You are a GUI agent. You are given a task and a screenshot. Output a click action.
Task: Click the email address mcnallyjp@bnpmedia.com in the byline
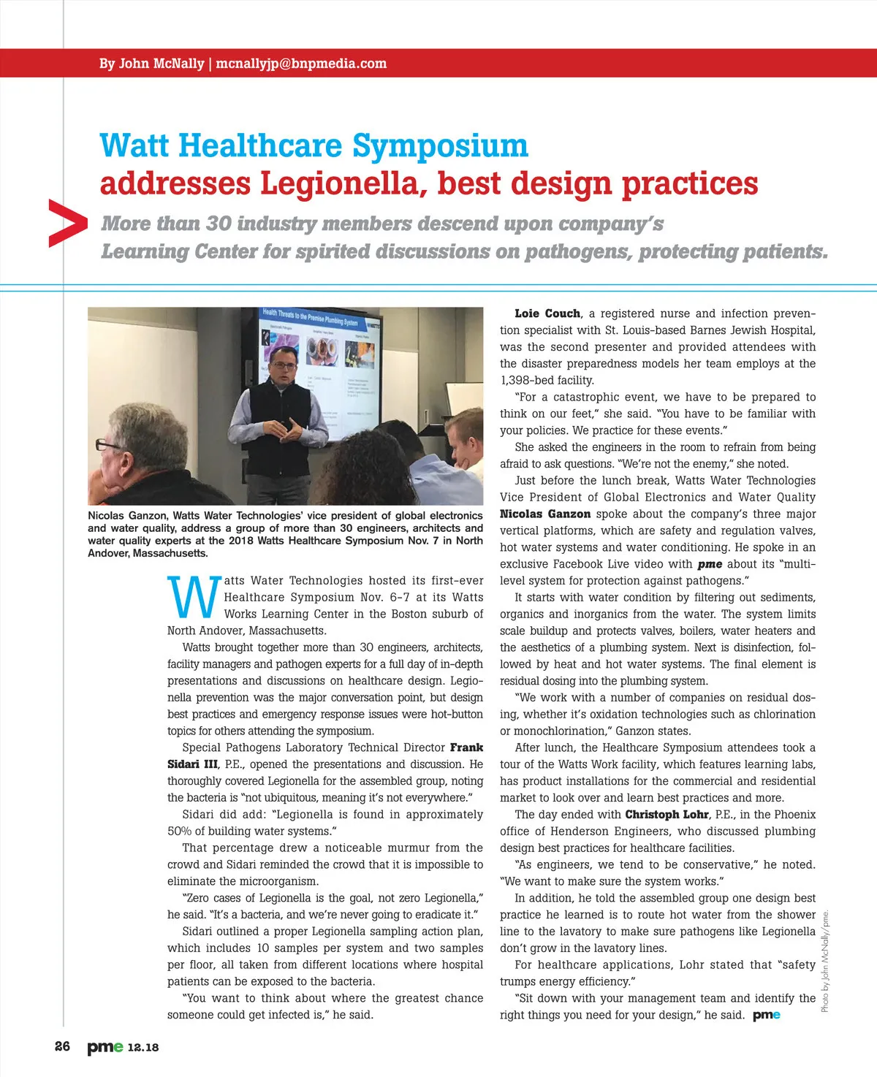pyautogui.click(x=301, y=64)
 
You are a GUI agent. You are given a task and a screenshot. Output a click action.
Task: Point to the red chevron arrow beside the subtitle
pyautogui.click(x=67, y=223)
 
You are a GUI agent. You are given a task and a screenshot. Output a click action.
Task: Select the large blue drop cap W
pyautogui.click(x=193, y=597)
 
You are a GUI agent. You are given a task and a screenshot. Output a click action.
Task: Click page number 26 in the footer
pyautogui.click(x=63, y=1046)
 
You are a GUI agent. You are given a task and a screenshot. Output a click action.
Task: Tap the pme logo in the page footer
pyautogui.click(x=105, y=1047)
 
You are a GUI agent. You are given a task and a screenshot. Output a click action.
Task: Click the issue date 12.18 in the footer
pyautogui.click(x=143, y=1047)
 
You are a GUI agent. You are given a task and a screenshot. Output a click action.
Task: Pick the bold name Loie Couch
pyautogui.click(x=547, y=313)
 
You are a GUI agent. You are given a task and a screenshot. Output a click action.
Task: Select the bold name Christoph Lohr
pyautogui.click(x=667, y=814)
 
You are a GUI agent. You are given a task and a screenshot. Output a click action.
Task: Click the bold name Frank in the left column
pyautogui.click(x=466, y=747)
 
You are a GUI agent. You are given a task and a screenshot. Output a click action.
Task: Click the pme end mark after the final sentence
pyautogui.click(x=766, y=1015)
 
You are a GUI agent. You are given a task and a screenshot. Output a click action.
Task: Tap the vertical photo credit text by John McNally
pyautogui.click(x=825, y=961)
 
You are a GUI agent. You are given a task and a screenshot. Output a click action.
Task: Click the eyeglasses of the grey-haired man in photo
pyautogui.click(x=109, y=445)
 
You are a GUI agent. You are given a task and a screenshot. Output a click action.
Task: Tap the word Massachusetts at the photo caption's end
pyautogui.click(x=170, y=553)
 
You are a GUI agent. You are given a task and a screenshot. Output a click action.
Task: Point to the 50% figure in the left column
pyautogui.click(x=180, y=831)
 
